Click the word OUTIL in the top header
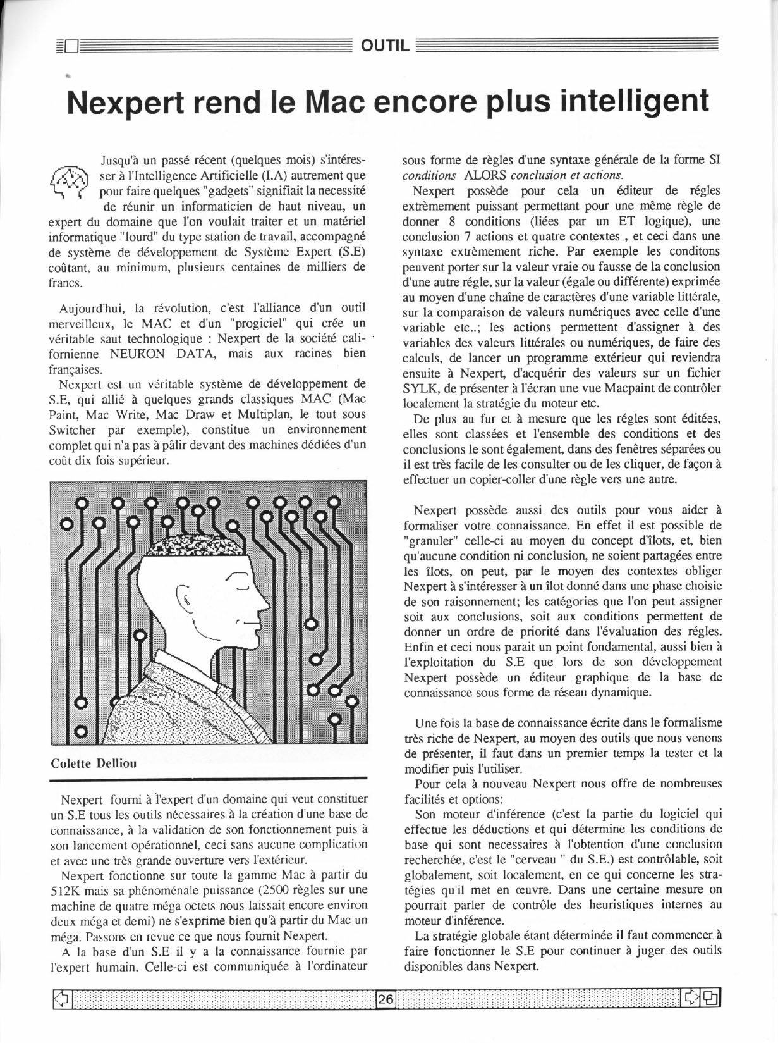(x=385, y=46)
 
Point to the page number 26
(x=386, y=999)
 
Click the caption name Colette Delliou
(x=94, y=763)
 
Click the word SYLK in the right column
(x=420, y=388)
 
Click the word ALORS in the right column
(x=483, y=175)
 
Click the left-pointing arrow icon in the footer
(x=61, y=999)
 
